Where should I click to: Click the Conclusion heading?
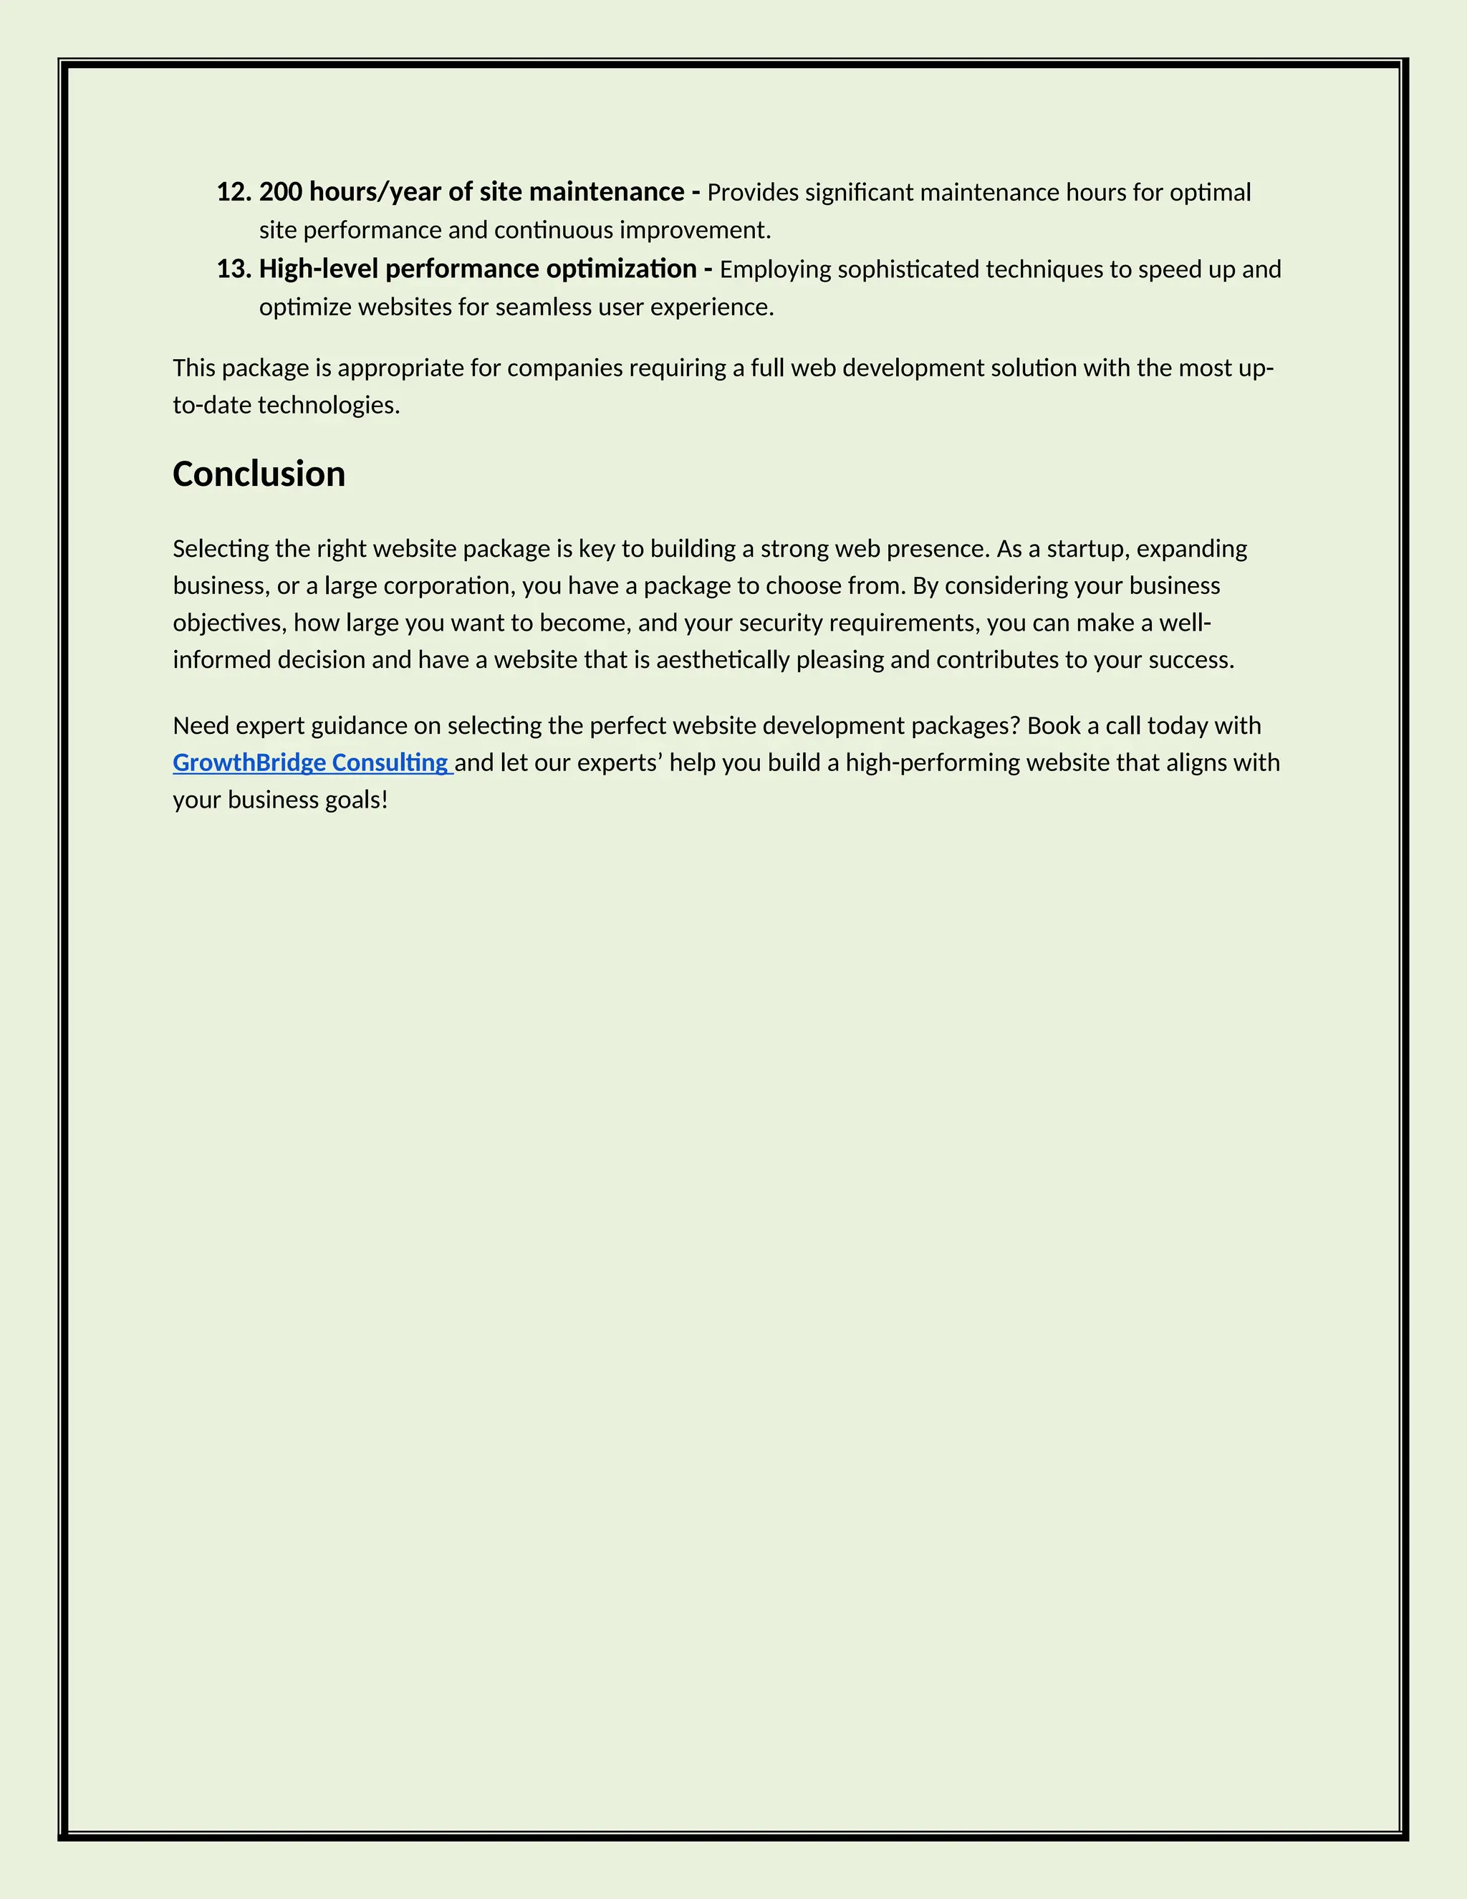click(259, 474)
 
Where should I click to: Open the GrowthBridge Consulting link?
click(310, 762)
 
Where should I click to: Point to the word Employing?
click(775, 269)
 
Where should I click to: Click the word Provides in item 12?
click(751, 193)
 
